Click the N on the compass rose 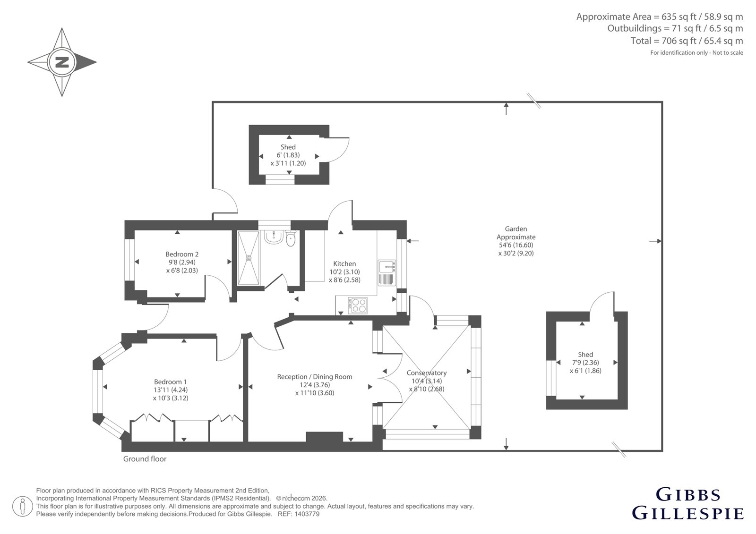62,62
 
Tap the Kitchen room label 344,264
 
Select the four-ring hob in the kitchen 358,305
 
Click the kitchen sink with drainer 387,273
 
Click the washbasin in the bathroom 273,237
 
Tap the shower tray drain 249,258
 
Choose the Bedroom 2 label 182,254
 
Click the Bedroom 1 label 171,382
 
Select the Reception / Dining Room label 315,377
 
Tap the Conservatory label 427,373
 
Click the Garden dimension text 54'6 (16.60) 516,245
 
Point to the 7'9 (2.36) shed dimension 585,363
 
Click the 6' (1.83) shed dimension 288,155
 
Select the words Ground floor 145,459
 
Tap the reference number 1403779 308,514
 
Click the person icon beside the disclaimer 22,507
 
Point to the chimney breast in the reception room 324,437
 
